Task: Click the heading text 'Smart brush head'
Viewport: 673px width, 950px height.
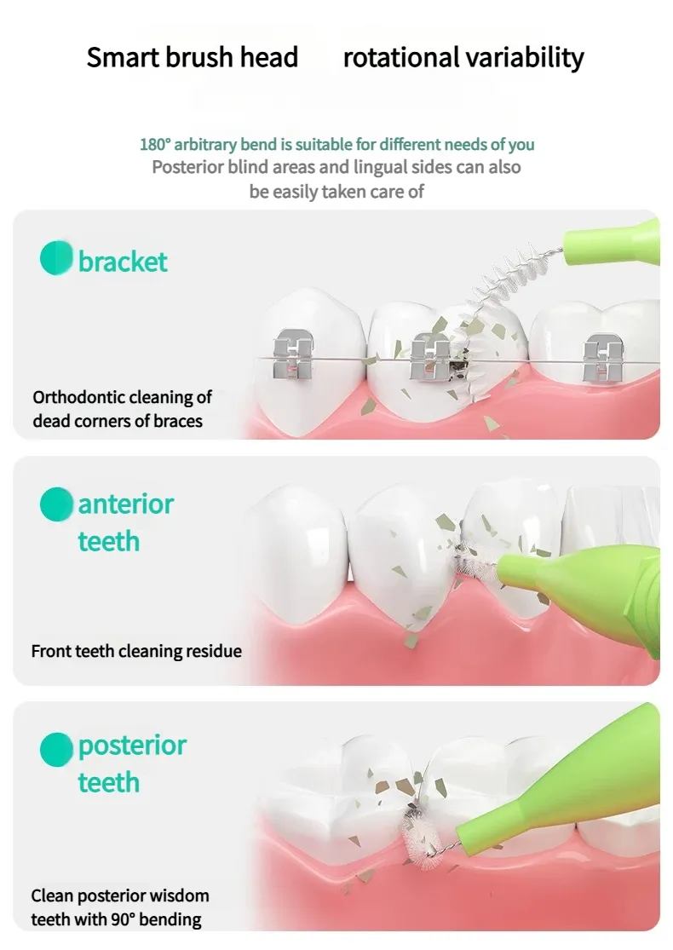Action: [x=193, y=58]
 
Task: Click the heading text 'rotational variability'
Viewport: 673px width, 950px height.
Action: [x=463, y=58]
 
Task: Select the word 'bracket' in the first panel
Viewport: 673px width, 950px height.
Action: [x=123, y=262]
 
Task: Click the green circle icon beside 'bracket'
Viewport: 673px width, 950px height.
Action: [x=56, y=258]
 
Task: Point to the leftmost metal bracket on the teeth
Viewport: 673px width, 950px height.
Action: [x=291, y=359]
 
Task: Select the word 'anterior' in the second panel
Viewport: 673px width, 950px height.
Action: [x=125, y=504]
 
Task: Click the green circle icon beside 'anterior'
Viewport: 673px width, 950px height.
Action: [x=56, y=504]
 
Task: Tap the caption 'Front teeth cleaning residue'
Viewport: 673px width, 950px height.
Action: [x=136, y=651]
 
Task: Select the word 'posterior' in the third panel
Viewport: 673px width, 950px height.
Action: [x=132, y=746]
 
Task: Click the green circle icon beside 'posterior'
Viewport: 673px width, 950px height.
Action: [x=56, y=749]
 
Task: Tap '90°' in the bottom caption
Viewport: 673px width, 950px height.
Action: [x=121, y=919]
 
